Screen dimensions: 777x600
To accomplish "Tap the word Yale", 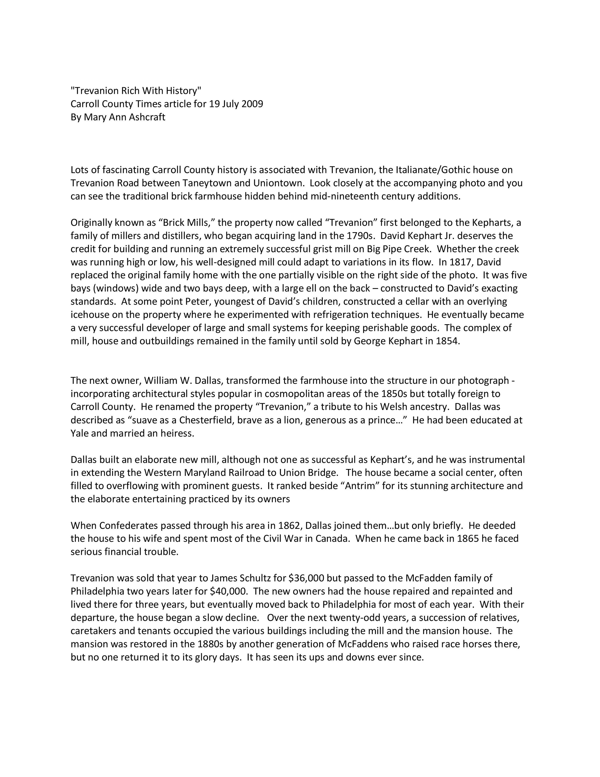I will pos(79,433).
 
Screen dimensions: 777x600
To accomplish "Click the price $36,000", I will pos(306,578).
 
